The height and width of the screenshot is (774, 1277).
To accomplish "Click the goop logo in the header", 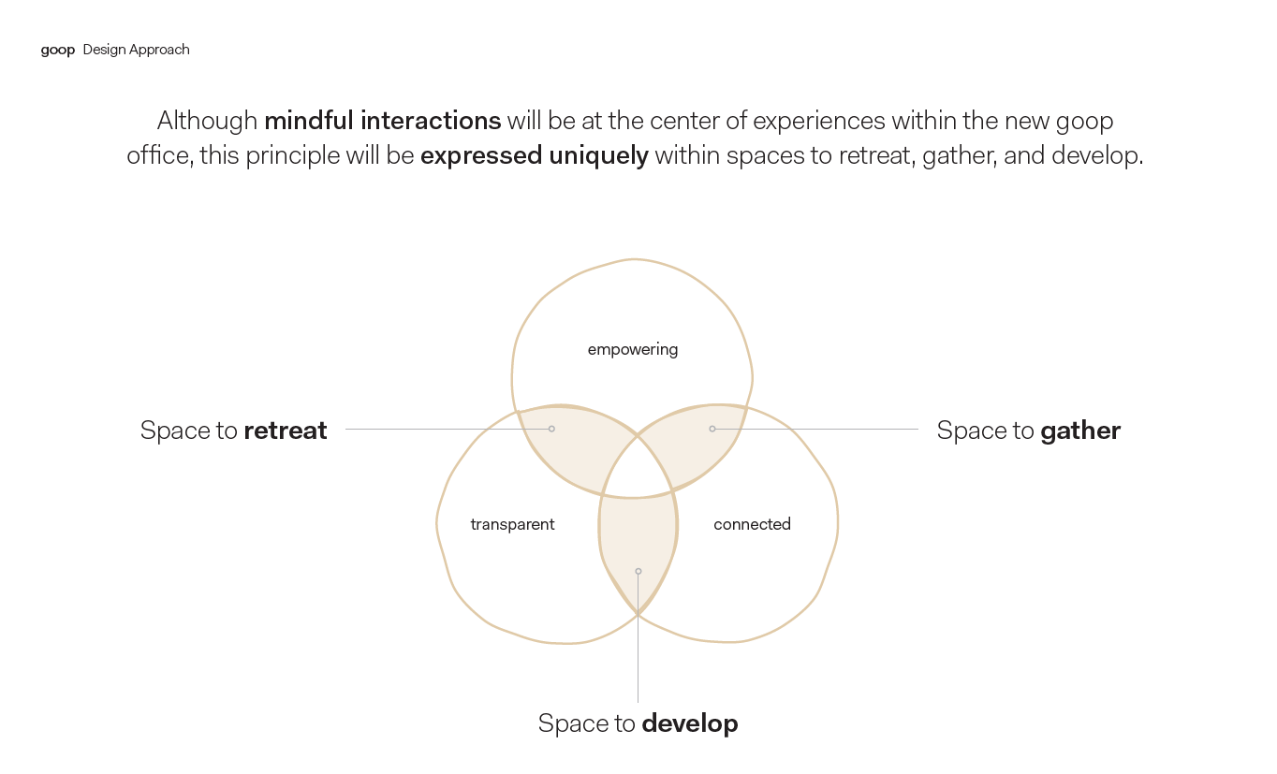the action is point(57,50).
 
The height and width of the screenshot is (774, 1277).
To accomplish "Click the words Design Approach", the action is point(136,50).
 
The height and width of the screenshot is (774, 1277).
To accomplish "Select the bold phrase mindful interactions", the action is point(382,121).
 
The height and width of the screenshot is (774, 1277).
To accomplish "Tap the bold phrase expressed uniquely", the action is point(534,155).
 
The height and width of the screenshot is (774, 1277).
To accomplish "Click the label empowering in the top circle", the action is point(632,350).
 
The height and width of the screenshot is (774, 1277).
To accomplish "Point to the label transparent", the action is point(512,525).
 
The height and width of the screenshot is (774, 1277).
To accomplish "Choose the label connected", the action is point(752,525).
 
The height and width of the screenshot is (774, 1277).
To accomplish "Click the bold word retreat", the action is point(285,431).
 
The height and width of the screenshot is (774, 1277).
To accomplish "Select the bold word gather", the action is point(1079,431).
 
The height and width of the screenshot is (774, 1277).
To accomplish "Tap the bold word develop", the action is point(689,723).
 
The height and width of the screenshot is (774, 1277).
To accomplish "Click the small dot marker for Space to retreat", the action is point(551,429).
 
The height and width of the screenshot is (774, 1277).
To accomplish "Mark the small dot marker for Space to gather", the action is point(712,429).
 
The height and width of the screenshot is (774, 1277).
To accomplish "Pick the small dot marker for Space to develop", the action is point(638,571).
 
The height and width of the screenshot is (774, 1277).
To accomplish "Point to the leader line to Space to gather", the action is point(824,429).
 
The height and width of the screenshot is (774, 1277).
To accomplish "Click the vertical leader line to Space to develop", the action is point(638,655).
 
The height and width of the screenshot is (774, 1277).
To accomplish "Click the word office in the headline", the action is point(158,155).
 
